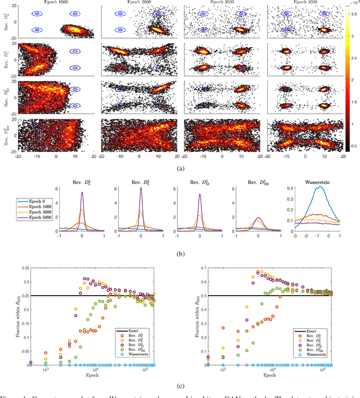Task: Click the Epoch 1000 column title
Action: (56, 2)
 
